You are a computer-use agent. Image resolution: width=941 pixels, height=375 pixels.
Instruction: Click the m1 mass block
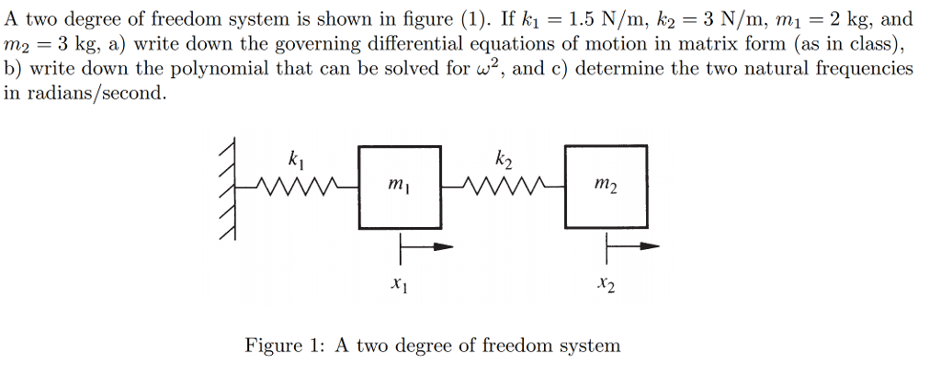click(399, 187)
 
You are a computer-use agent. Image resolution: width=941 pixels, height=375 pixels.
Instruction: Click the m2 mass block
click(605, 187)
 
